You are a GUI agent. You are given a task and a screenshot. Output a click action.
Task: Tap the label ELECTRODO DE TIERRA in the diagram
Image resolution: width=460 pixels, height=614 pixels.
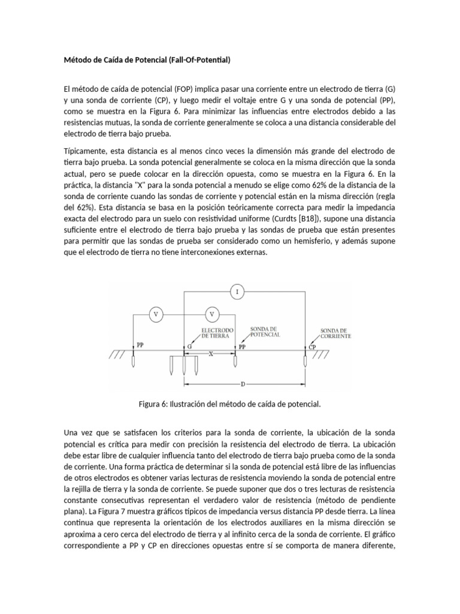coord(217,333)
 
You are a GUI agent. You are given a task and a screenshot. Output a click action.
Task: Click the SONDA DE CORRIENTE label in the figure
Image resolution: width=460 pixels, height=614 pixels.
coord(335,333)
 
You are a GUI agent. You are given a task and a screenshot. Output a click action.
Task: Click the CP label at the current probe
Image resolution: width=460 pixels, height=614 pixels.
coord(313,347)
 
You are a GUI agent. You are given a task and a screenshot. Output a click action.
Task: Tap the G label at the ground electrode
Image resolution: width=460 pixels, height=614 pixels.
coord(190,347)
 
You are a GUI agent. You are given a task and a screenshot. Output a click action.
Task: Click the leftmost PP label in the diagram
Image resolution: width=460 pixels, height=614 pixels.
coord(140,345)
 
